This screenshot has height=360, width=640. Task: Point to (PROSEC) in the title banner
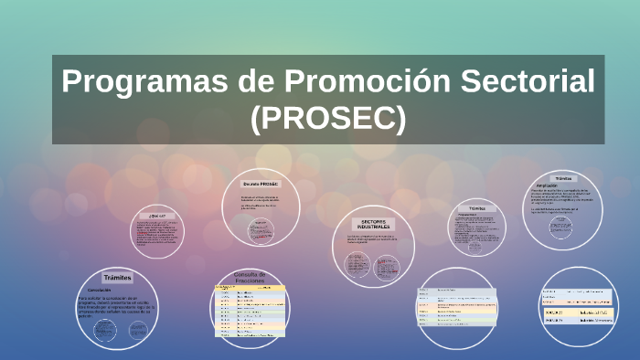click(327, 117)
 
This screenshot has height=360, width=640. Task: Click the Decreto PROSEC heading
click(261, 184)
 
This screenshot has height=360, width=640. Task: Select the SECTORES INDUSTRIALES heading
click(374, 223)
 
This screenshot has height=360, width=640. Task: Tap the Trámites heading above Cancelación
click(118, 277)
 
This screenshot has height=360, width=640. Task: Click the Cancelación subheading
click(100, 290)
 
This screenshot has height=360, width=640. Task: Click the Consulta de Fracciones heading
click(250, 277)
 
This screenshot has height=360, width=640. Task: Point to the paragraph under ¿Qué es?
click(157, 234)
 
